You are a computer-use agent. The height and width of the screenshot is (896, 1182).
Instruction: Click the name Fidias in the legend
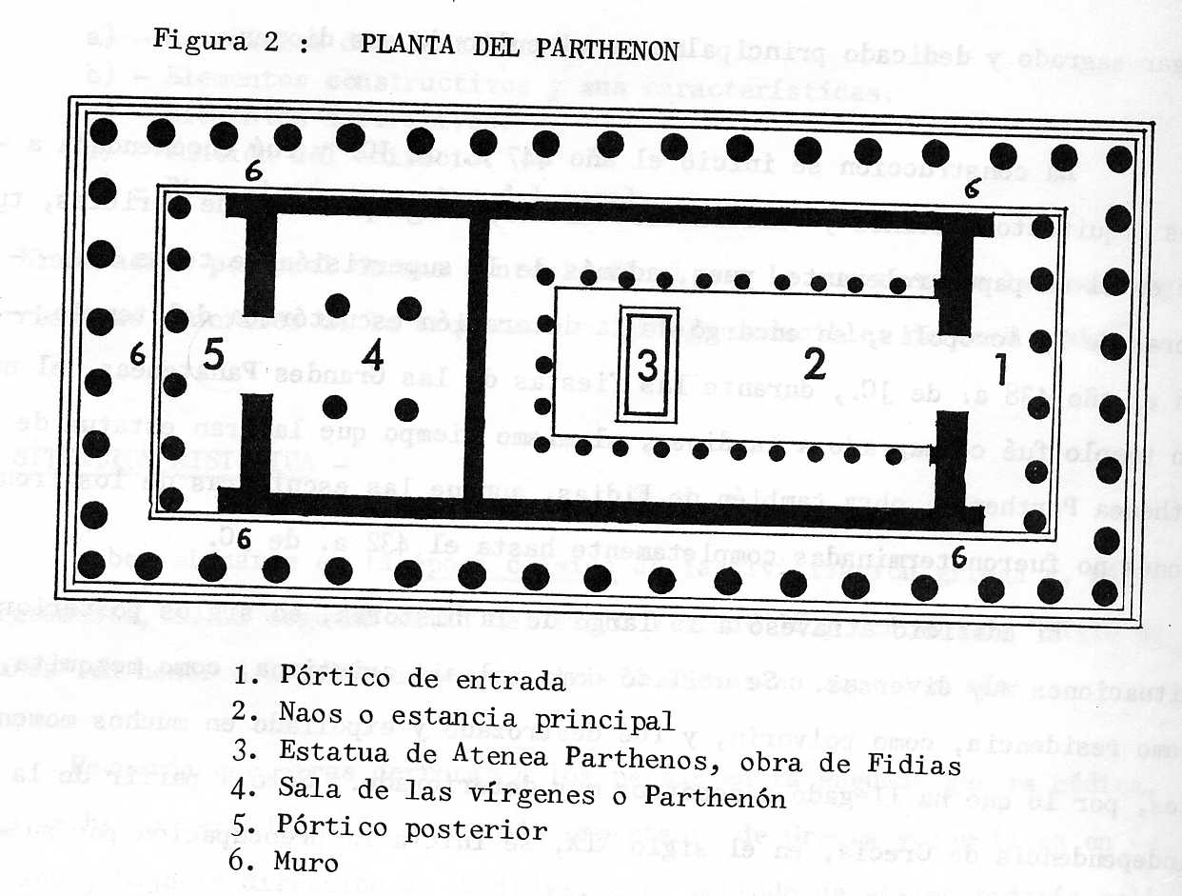918,767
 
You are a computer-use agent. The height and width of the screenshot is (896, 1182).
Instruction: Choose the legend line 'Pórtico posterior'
415,828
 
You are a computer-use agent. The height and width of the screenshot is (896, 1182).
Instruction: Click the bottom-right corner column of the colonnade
1106,592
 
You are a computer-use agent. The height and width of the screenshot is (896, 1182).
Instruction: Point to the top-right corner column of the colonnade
1119,158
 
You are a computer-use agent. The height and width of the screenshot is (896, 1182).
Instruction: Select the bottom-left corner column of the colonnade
91,564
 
